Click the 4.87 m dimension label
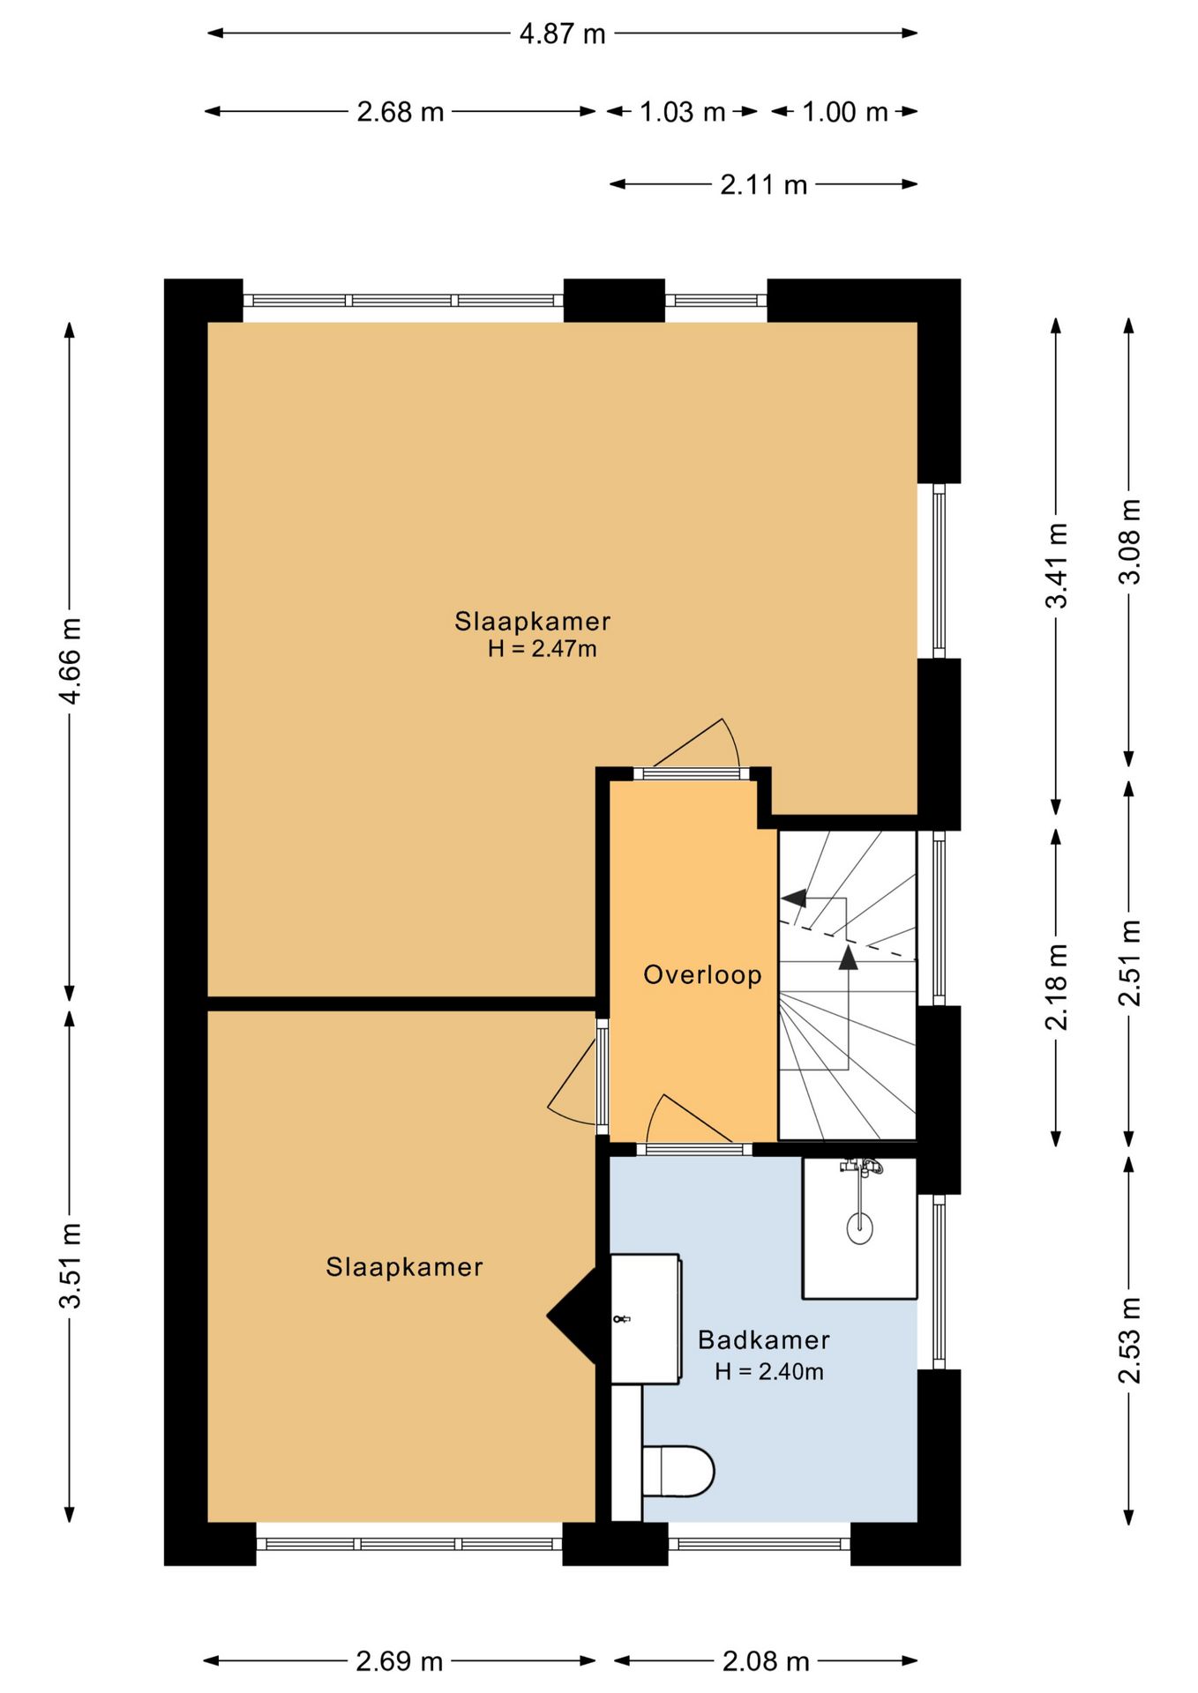click(x=562, y=34)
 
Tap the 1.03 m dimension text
click(x=682, y=112)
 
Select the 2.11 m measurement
click(x=764, y=185)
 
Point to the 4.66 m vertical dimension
click(x=70, y=660)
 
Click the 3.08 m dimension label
click(x=1129, y=541)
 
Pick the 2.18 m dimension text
click(x=1057, y=987)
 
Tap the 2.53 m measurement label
click(x=1129, y=1340)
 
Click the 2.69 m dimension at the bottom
click(x=399, y=1661)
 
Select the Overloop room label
click(x=702, y=974)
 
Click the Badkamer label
click(x=764, y=1340)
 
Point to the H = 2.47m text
click(x=543, y=649)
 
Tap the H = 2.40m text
click(x=769, y=1371)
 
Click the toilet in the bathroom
click(x=678, y=1471)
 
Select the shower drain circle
click(x=859, y=1227)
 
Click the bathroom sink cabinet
click(x=646, y=1319)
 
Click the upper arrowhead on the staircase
click(x=794, y=898)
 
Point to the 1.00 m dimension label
click(x=844, y=112)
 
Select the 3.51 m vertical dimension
click(x=70, y=1265)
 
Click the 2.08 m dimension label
click(x=766, y=1661)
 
